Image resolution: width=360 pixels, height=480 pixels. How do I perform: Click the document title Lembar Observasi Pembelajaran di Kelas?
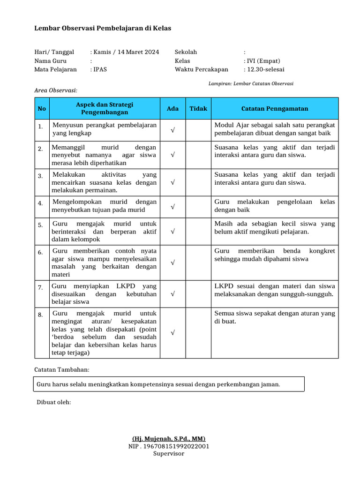coord(103,28)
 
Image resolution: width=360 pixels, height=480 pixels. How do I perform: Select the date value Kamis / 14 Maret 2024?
coord(126,52)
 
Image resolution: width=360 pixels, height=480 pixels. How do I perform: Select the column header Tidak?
coord(198,109)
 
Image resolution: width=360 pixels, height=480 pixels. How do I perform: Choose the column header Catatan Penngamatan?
coord(275,109)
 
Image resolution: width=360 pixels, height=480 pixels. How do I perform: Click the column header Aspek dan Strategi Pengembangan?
coord(105,109)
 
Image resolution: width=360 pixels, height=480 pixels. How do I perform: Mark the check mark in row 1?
coord(172,130)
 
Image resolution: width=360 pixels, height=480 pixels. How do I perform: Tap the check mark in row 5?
coord(172,232)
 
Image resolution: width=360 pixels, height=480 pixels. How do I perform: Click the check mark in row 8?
coord(172,333)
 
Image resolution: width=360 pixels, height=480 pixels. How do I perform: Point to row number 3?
coord(41,176)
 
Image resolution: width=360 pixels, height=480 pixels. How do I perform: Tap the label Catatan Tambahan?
coord(61,370)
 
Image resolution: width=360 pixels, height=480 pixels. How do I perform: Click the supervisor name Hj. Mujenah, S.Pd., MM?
coord(169,439)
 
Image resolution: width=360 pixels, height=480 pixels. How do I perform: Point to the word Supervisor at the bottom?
coord(169,453)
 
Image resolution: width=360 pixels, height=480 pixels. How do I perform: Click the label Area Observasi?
coord(56,90)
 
